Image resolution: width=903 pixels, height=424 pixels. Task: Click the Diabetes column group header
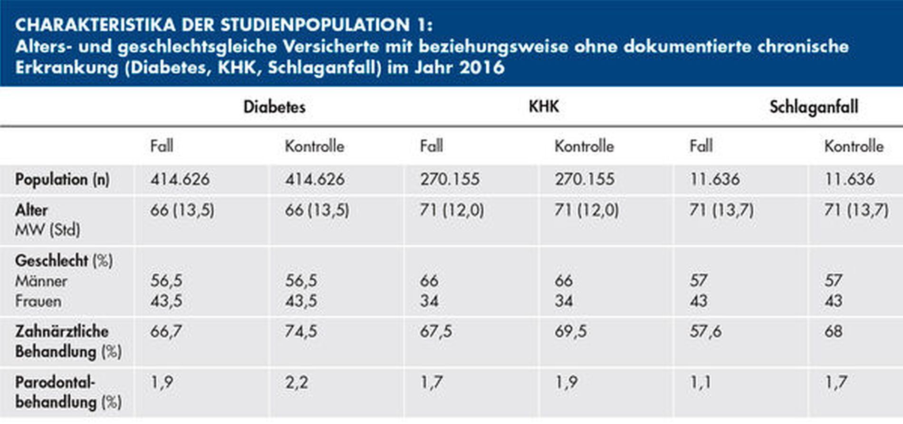(274, 107)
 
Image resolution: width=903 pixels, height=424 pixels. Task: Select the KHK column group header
(544, 106)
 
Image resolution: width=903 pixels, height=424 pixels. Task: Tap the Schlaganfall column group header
(814, 107)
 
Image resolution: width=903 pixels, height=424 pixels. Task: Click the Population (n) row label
(62, 179)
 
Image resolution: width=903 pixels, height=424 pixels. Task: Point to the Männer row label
(41, 281)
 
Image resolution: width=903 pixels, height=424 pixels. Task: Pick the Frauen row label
(38, 301)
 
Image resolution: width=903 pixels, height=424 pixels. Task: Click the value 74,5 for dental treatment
(301, 331)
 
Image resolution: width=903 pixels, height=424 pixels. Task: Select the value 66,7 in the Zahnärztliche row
(166, 331)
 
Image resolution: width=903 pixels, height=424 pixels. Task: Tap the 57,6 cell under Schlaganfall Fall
(705, 331)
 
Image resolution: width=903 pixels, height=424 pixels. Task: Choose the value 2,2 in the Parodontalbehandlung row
(297, 382)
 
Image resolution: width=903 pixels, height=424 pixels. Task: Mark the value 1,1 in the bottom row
(700, 382)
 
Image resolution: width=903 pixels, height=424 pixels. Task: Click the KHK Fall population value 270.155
(450, 179)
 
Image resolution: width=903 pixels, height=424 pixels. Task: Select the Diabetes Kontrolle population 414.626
(315, 179)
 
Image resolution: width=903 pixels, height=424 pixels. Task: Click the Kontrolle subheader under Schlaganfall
(854, 146)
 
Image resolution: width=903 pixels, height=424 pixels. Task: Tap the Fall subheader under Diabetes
(162, 146)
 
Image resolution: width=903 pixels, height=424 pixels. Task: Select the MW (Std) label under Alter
(48, 230)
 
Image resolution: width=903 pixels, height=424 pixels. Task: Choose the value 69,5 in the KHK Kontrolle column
(570, 331)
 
